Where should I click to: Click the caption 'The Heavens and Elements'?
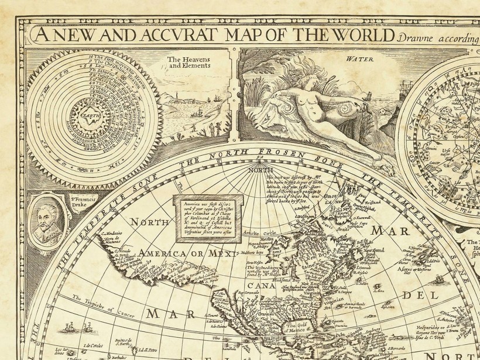click(x=190, y=63)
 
